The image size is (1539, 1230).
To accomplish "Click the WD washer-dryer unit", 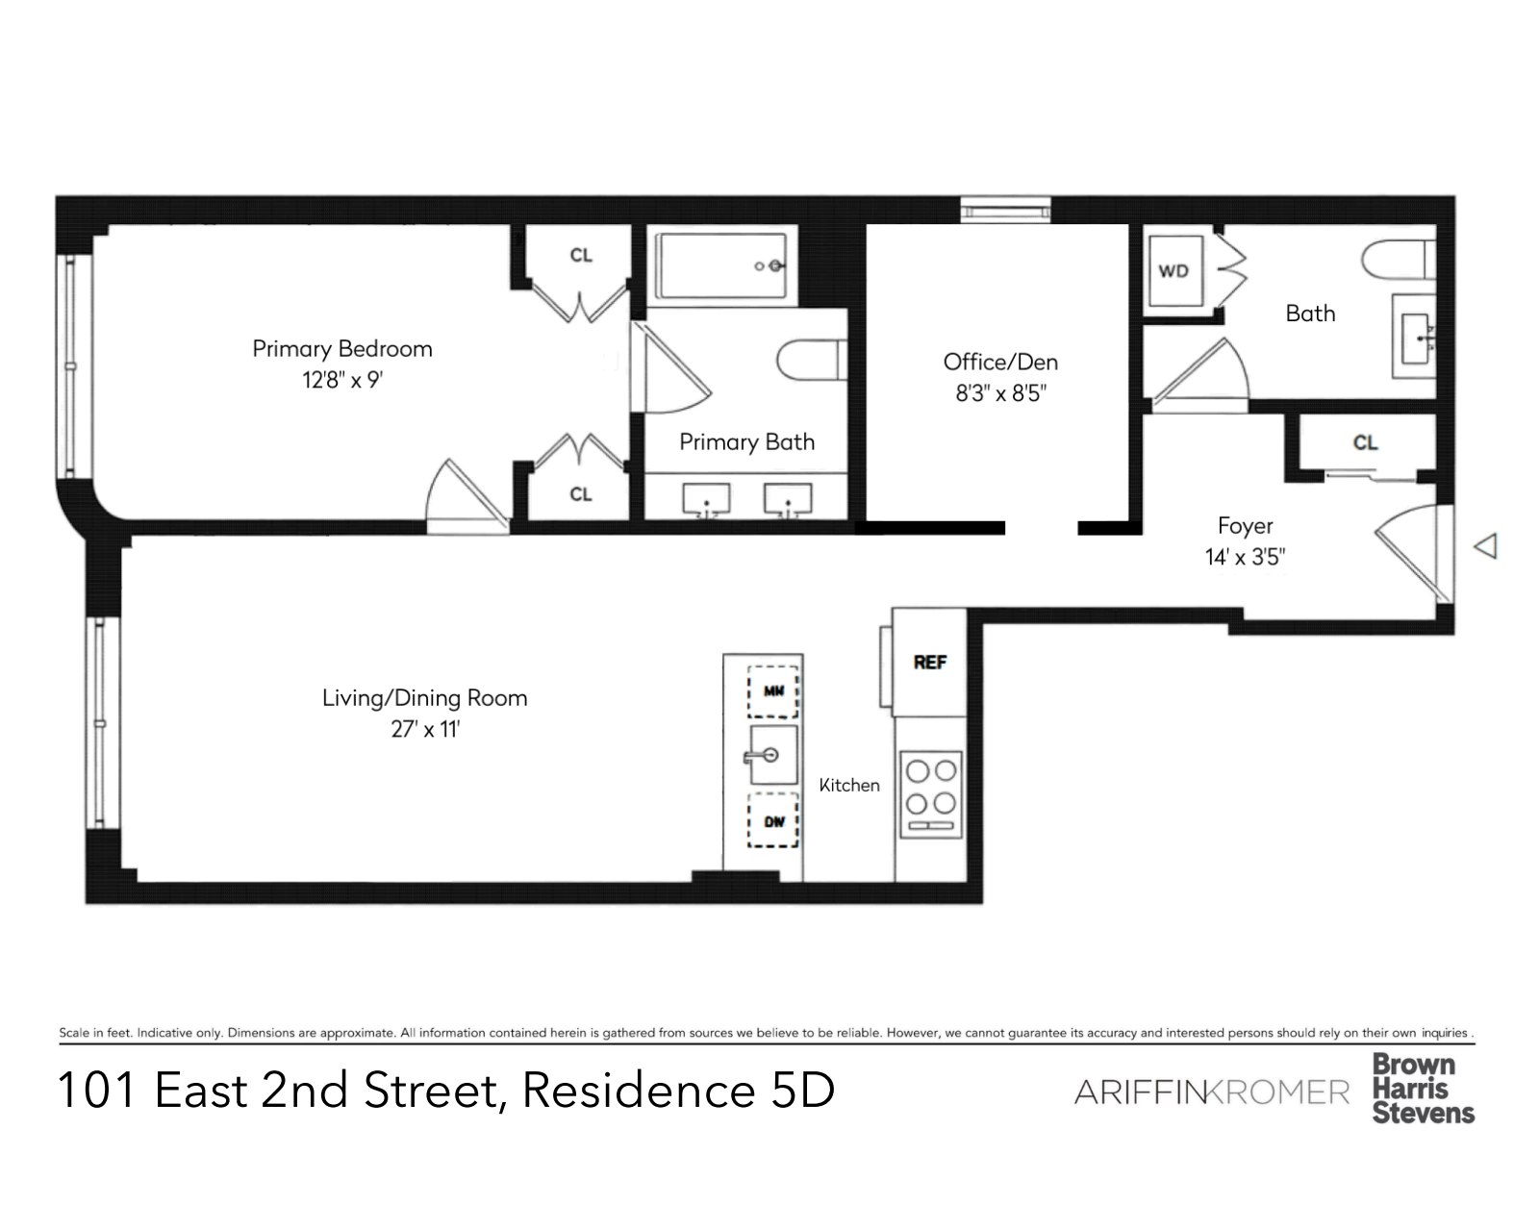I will click(x=1173, y=271).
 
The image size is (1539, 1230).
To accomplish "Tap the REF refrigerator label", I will click(x=929, y=663).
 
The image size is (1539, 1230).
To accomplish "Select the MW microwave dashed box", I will click(x=773, y=691).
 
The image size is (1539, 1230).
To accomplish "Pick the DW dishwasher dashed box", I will click(x=773, y=821).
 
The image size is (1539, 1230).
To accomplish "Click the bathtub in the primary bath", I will click(x=721, y=265).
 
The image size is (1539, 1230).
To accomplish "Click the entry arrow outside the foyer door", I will click(x=1486, y=546).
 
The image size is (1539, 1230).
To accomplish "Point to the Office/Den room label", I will click(x=1000, y=363).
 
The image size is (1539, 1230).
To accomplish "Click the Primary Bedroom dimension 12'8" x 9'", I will click(x=342, y=380).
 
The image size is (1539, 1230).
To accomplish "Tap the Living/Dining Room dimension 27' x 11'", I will click(x=425, y=729).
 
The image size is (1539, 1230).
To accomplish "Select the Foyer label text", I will click(x=1245, y=526).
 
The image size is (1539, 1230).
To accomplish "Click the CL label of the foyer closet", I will click(x=1365, y=442).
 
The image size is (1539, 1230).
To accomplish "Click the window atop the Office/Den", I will click(x=1005, y=209).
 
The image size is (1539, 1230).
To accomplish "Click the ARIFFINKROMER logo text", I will click(x=1211, y=1092).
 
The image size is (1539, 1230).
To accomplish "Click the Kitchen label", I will click(x=849, y=786).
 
